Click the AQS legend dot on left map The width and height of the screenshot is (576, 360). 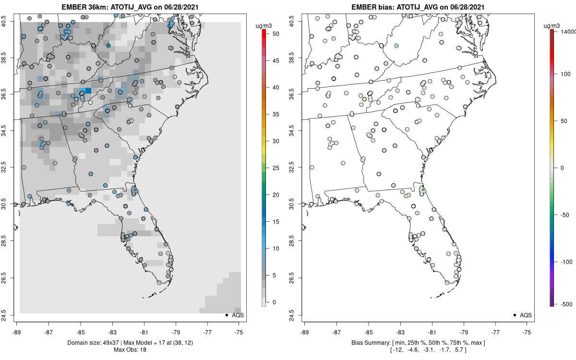pos(226,315)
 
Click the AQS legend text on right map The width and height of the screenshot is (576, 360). pos(526,315)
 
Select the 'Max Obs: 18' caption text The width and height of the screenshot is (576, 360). pos(130,349)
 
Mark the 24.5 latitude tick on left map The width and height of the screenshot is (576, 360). pos(10,315)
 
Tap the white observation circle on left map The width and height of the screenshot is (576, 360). pos(90,102)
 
